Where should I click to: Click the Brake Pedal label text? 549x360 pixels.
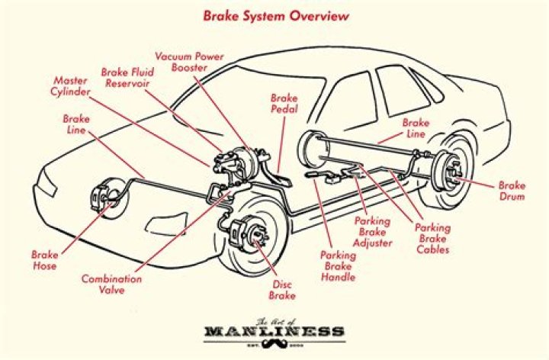283,104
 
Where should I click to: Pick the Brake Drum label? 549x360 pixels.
512,191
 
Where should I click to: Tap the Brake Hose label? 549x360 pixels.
44,260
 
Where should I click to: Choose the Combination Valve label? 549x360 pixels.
111,284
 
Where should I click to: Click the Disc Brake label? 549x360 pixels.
283,290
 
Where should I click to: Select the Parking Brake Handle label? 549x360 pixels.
338,266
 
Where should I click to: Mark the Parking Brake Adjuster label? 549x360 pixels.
374,232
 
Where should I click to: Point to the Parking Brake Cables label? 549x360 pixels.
432,238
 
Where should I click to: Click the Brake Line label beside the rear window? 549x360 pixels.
416,128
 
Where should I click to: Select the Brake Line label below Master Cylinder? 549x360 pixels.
76,125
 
